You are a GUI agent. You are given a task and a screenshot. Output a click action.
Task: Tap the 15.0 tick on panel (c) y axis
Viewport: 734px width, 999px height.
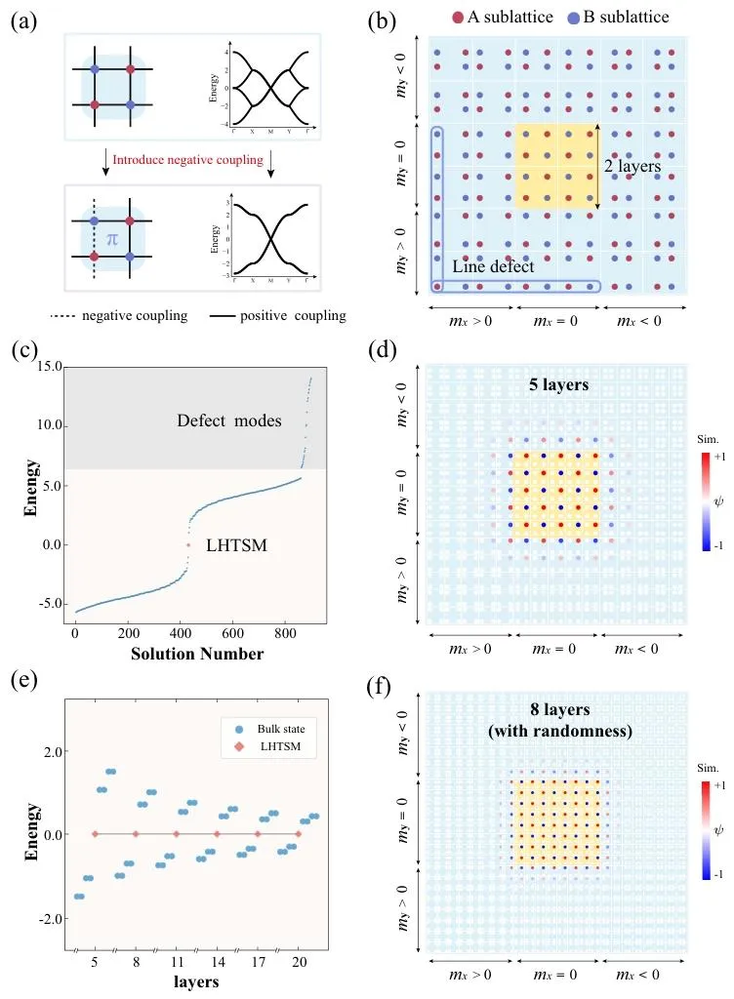pos(49,367)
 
